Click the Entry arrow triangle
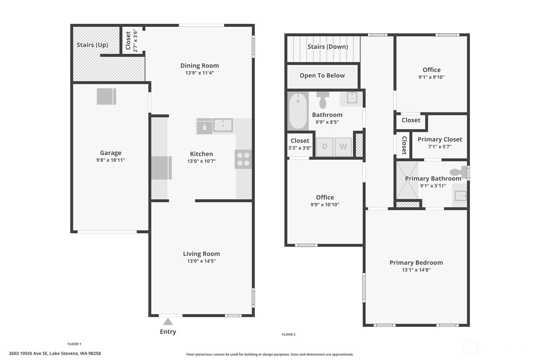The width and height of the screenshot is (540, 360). pyautogui.click(x=168, y=322)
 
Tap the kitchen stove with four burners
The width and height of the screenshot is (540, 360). pyautogui.click(x=243, y=159)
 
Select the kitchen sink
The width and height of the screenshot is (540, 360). pyautogui.click(x=223, y=125)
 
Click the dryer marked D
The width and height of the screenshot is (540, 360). pyautogui.click(x=325, y=147)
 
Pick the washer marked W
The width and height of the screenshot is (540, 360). pyautogui.click(x=343, y=147)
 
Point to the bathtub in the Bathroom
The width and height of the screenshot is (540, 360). pyautogui.click(x=298, y=111)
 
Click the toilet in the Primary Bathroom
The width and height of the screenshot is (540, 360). pyautogui.click(x=458, y=172)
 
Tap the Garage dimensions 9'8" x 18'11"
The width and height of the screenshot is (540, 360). pyautogui.click(x=111, y=160)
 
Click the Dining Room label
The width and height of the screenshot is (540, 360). pyautogui.click(x=200, y=66)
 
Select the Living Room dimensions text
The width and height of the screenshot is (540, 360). pyautogui.click(x=201, y=261)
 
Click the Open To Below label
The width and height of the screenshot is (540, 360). pyautogui.click(x=322, y=75)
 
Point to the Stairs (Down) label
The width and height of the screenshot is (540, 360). pyautogui.click(x=328, y=46)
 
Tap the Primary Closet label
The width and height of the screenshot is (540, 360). pyautogui.click(x=440, y=139)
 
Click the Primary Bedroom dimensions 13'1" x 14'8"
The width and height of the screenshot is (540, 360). pyautogui.click(x=416, y=270)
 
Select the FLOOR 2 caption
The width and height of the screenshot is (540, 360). pyautogui.click(x=289, y=334)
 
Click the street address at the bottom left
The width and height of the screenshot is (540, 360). pyautogui.click(x=55, y=353)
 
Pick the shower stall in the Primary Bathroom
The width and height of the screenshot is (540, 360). pyautogui.click(x=407, y=180)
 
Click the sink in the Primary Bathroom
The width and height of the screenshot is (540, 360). pyautogui.click(x=460, y=196)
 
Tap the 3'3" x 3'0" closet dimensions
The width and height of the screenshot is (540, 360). pyautogui.click(x=300, y=148)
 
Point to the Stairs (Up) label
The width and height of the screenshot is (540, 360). pyautogui.click(x=92, y=45)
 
